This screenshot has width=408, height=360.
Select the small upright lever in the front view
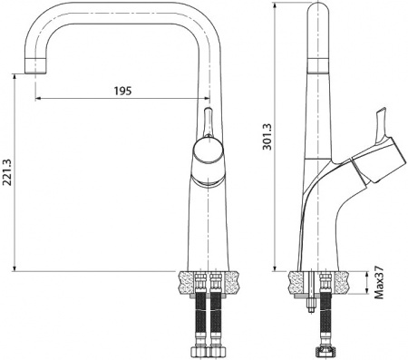tap(208, 122)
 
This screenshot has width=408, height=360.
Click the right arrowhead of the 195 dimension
tap(202, 99)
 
